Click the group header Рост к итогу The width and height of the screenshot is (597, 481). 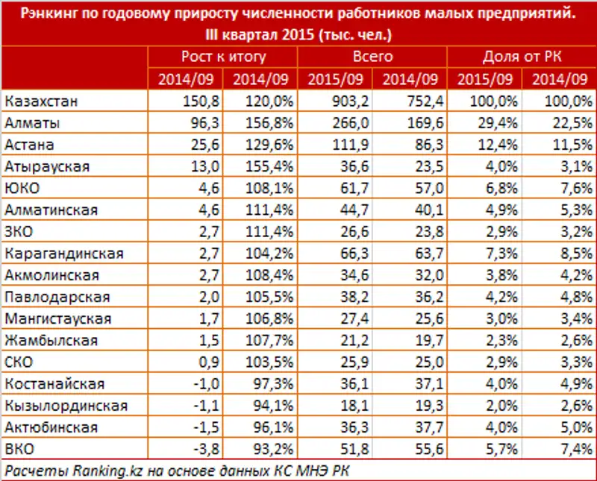tap(223, 57)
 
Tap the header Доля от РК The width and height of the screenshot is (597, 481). tap(522, 57)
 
